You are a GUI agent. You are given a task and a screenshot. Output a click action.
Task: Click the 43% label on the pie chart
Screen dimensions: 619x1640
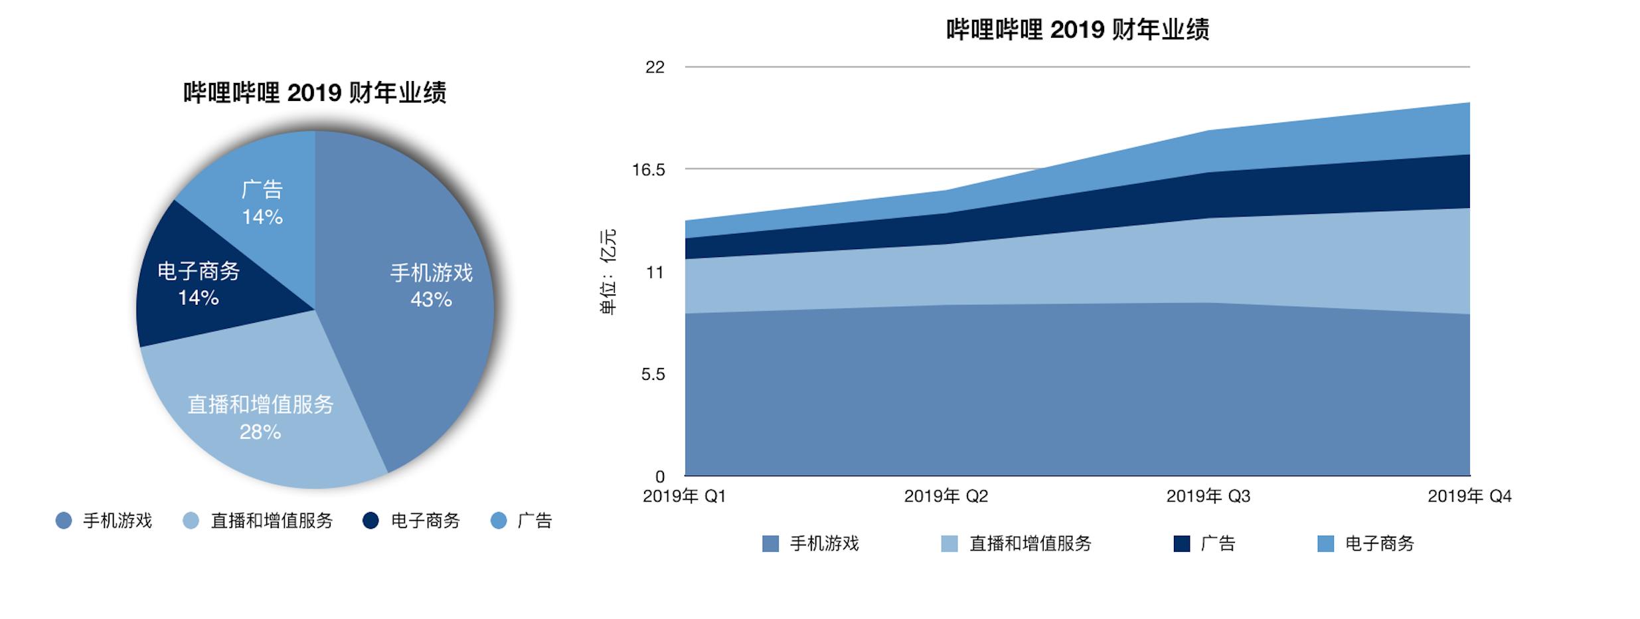(x=431, y=300)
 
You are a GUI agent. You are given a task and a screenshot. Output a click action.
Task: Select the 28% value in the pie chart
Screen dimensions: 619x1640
(x=260, y=432)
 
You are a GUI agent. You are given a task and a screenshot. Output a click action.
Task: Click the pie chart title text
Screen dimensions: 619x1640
(x=315, y=93)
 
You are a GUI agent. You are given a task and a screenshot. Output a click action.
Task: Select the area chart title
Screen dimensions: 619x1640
(x=1077, y=30)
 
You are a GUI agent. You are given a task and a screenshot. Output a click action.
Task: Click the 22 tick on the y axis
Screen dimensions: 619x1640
(x=655, y=67)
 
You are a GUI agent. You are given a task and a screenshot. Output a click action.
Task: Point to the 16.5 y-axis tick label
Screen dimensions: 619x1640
(x=648, y=170)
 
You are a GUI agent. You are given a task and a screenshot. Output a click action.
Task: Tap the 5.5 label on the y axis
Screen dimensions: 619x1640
(x=653, y=375)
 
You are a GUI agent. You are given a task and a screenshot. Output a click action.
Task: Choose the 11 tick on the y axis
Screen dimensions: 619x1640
(x=655, y=272)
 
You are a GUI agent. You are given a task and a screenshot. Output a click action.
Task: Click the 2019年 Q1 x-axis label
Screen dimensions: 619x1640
(x=685, y=496)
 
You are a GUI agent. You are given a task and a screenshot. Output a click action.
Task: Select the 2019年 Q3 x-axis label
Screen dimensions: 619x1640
(x=1208, y=496)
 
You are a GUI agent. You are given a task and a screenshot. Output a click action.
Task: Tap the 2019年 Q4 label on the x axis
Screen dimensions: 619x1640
(x=1469, y=496)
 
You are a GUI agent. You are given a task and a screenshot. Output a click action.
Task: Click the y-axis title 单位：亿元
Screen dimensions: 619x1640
(x=608, y=272)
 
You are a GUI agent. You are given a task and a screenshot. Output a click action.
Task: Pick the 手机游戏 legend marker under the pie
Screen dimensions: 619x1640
(x=64, y=521)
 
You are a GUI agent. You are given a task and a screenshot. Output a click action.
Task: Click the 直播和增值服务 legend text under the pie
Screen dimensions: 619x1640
(x=272, y=521)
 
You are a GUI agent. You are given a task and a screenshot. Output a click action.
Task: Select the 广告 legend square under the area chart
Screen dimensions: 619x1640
(x=1182, y=544)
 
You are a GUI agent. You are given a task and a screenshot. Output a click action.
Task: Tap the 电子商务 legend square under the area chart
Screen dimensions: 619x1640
(x=1326, y=544)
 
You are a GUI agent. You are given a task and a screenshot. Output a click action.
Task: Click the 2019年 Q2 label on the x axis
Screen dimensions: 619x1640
(x=946, y=496)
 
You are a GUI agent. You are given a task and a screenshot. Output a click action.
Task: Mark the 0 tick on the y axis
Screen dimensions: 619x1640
(x=659, y=477)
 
